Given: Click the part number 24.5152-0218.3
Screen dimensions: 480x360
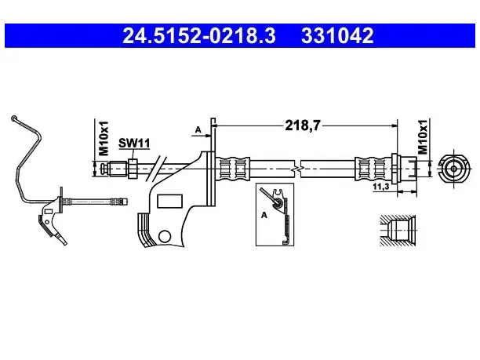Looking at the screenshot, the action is pos(199,35).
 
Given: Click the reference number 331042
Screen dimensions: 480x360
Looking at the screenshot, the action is pos(337,35).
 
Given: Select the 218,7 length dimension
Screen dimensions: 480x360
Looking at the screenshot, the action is pos(303,125).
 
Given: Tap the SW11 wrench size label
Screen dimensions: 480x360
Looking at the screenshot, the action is pos(134,143).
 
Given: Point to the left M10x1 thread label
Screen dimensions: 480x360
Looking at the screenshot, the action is pos(104,138).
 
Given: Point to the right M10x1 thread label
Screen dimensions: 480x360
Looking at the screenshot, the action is pos(423,136).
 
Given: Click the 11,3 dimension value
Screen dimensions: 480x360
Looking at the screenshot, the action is pos(381,186).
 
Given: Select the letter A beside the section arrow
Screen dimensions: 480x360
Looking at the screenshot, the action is pos(198,129).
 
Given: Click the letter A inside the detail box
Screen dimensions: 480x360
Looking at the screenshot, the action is pos(264,215).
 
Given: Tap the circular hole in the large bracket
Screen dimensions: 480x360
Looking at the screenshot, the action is pos(165,236).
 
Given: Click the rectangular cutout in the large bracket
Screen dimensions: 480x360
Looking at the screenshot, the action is pos(169,201).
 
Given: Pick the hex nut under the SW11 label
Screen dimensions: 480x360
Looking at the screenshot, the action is pos(133,169).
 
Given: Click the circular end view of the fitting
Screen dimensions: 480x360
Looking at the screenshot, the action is pos(453,169).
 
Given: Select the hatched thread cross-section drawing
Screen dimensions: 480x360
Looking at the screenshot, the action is pos(398,231).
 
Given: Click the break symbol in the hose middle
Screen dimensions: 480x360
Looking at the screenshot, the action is pos(296,169).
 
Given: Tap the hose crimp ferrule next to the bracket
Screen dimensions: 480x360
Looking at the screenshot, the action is pos(233,169).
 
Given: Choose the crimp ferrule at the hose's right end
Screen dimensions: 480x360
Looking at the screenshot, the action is pos(373,169).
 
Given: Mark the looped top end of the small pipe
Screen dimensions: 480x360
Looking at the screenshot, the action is pos(14,118).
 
